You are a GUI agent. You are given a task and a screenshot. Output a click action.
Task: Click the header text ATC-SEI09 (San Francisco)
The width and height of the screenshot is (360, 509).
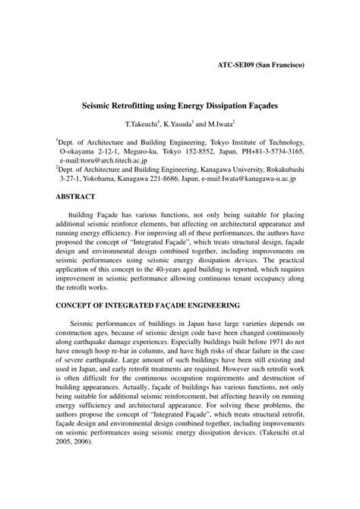click(x=256, y=65)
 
